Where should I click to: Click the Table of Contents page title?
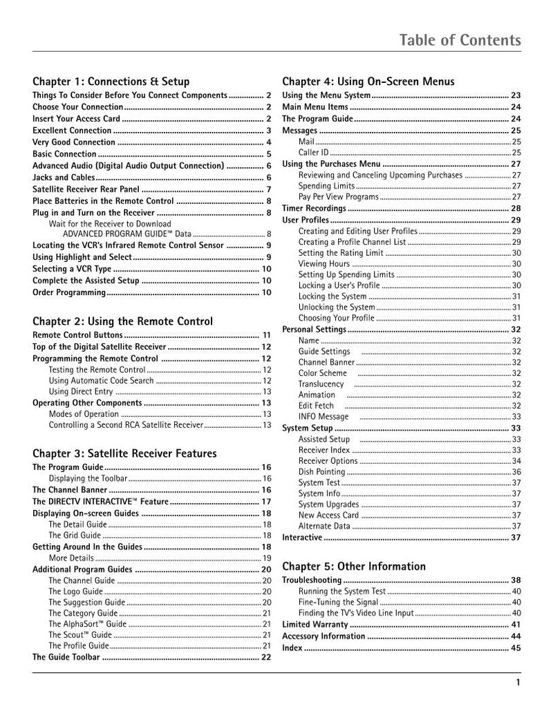click(460, 40)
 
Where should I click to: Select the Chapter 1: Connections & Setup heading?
click(111, 82)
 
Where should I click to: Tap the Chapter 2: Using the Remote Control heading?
click(122, 321)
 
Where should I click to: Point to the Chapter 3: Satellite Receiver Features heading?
click(124, 453)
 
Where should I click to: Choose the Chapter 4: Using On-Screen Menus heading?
click(368, 82)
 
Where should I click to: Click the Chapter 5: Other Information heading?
click(354, 567)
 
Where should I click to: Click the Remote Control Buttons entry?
click(76, 335)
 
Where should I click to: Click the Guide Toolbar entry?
click(66, 657)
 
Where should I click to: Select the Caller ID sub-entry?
click(314, 152)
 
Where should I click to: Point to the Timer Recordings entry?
click(315, 208)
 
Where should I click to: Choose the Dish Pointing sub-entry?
click(321, 471)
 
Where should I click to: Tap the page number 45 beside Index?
click(516, 648)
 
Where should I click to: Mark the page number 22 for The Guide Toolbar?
click(266, 657)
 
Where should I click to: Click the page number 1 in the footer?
click(518, 684)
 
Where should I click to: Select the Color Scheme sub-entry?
click(323, 373)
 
